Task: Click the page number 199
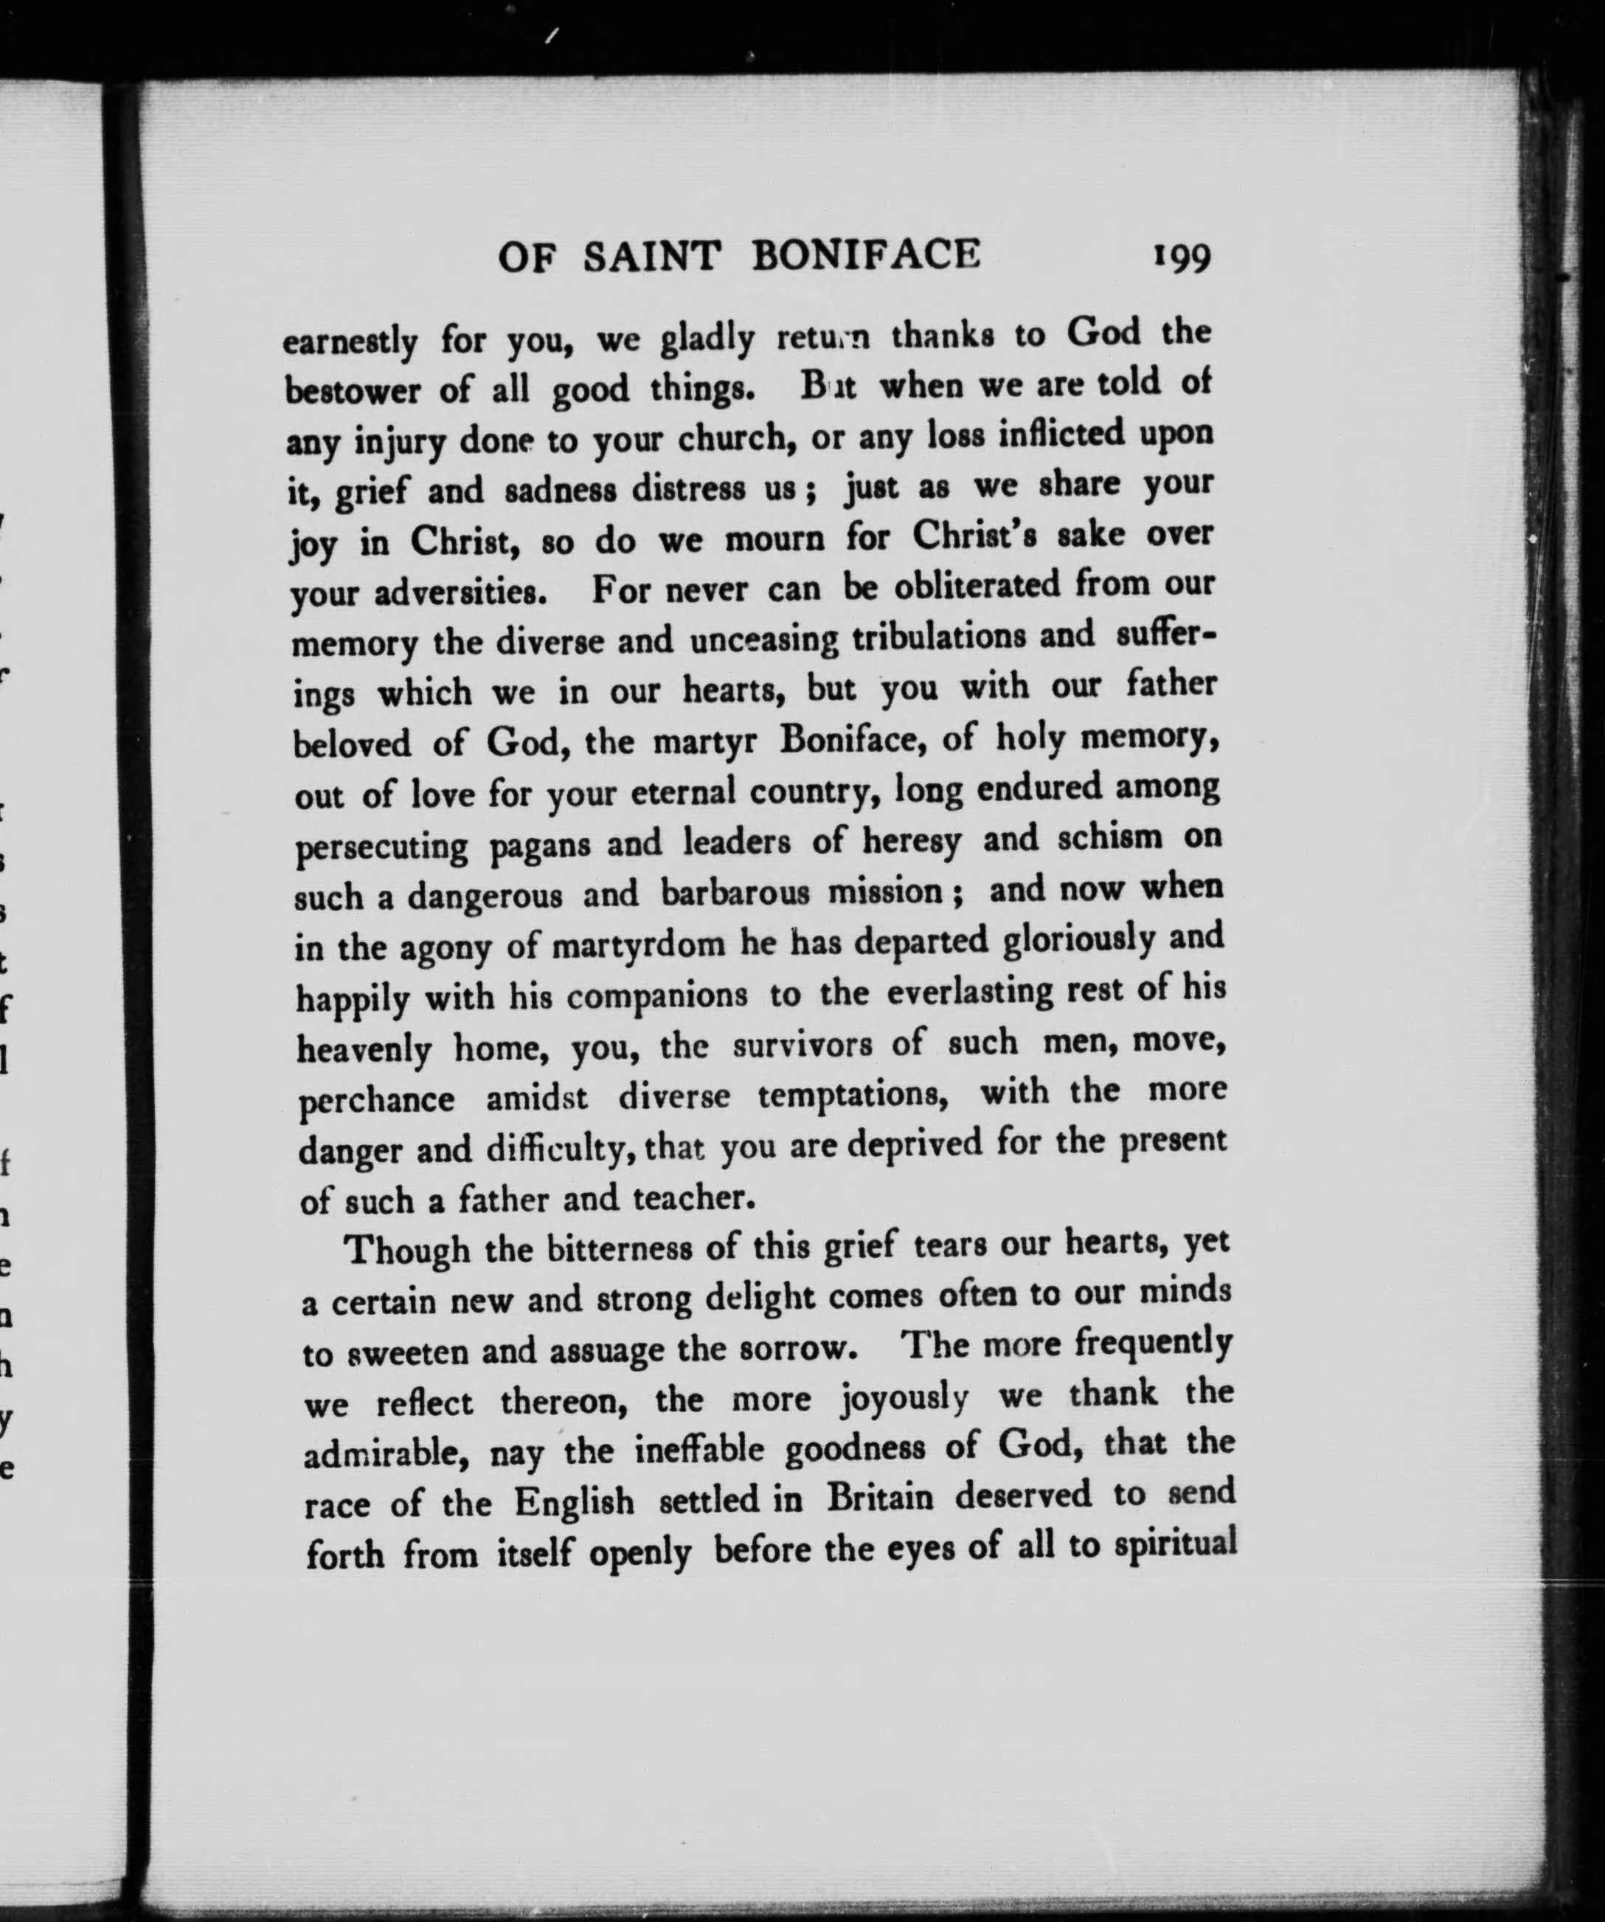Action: pos(1182,258)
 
